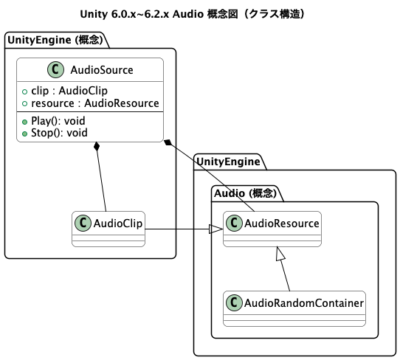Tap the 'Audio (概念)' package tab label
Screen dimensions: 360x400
click(x=244, y=193)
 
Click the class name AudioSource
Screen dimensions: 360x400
click(x=101, y=70)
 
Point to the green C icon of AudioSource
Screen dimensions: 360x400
click(x=55, y=70)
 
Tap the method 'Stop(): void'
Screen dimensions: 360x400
click(x=59, y=133)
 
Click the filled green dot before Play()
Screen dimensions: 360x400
click(x=24, y=121)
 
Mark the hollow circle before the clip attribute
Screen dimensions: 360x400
click(x=24, y=91)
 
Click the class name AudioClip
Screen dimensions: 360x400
click(x=117, y=223)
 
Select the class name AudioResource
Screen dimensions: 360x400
click(x=282, y=223)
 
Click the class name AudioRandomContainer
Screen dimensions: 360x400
click(x=304, y=302)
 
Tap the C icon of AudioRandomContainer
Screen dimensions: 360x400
click(x=234, y=302)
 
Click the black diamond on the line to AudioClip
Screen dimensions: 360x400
click(x=97, y=148)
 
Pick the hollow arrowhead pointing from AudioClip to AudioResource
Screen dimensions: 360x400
click(x=216, y=229)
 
